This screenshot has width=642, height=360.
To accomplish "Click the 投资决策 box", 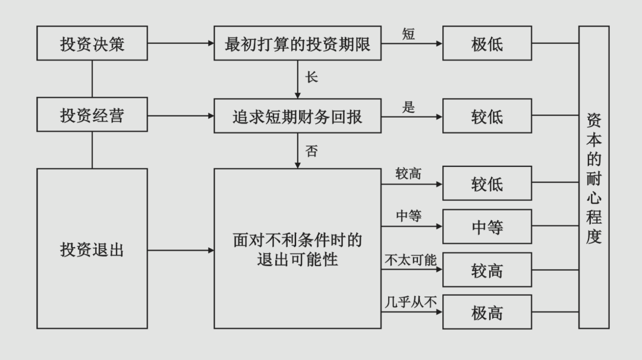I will coord(92,43).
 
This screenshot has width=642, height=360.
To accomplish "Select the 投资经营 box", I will coord(92,115).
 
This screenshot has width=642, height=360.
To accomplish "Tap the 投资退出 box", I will coord(92,249).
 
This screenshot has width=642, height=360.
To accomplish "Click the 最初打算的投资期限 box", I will coord(297,43).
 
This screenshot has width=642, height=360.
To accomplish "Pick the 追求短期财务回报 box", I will coord(297,116).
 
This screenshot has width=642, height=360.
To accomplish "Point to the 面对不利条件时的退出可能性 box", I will coord(297,249).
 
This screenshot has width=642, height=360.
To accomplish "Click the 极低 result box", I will coord(487,43).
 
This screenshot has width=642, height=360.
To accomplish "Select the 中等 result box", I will coord(487,227).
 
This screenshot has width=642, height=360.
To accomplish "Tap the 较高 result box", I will coord(487,270).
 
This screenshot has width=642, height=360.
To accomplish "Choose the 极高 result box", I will coord(487,312).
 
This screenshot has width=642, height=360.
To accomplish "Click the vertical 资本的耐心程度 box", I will coord(594,177).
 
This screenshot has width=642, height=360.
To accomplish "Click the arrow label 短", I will coord(408,34).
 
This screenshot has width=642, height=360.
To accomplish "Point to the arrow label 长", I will coord(311,77).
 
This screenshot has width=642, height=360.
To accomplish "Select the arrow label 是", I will coord(408,107).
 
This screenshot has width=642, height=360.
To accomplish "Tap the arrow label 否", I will coord(311,151).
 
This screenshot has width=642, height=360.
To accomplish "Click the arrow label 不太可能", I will coord(410,260).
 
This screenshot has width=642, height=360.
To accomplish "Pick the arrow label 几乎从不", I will coord(410,302).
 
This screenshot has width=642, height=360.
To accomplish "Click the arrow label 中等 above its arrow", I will coord(408,216).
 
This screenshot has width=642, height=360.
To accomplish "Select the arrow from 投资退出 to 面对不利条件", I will coord(181,250).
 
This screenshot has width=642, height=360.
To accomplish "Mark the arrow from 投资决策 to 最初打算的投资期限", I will coord(181,43).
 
